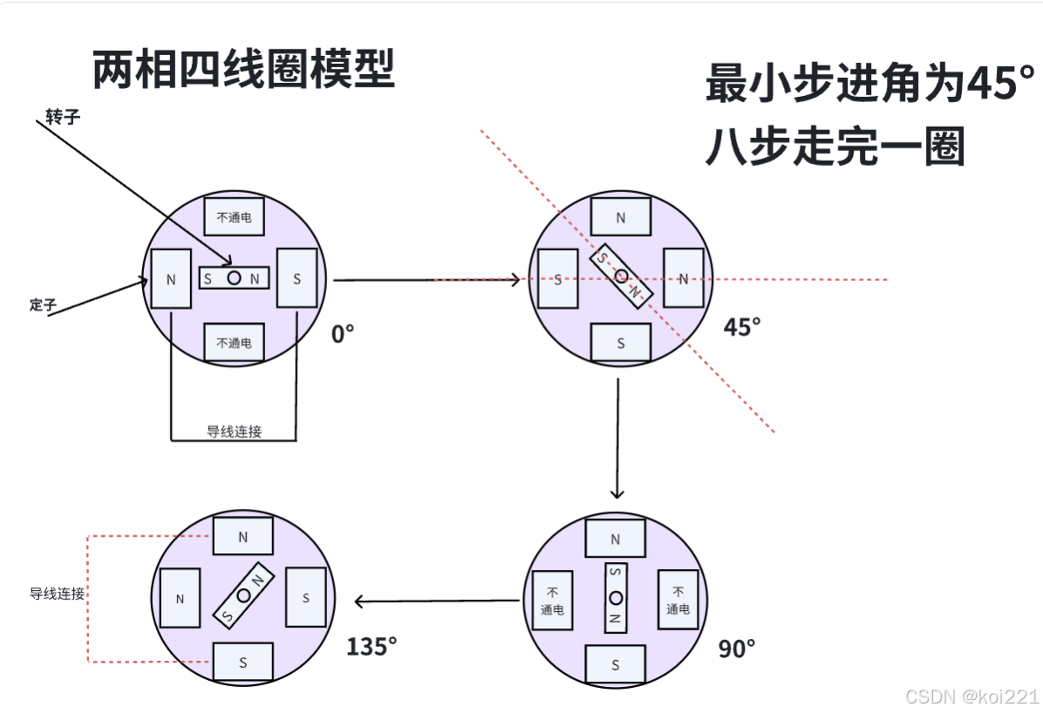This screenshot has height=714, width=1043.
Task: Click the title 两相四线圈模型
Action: point(243,69)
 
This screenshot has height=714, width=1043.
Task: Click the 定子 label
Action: point(43,305)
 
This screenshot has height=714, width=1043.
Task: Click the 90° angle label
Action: point(737,649)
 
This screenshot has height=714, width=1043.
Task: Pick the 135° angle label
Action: point(372,646)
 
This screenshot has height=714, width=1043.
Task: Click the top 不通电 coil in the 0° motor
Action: point(234,217)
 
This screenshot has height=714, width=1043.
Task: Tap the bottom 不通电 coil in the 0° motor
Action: point(234,342)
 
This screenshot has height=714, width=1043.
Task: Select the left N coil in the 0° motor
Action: point(171,279)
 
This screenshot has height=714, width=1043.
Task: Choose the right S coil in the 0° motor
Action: point(297,278)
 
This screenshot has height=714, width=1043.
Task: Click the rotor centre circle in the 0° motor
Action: point(234,278)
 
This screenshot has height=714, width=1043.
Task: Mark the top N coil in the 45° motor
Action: point(621,217)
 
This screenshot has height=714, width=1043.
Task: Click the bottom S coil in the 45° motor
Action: point(621,342)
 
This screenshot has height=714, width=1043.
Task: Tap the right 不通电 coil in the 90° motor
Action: point(678,601)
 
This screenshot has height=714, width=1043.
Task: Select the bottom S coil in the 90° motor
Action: point(615,664)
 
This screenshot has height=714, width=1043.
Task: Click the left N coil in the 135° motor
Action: point(180,599)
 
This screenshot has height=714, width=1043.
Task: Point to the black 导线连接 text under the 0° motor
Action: point(234,431)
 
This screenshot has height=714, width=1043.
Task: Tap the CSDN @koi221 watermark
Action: point(971,696)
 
